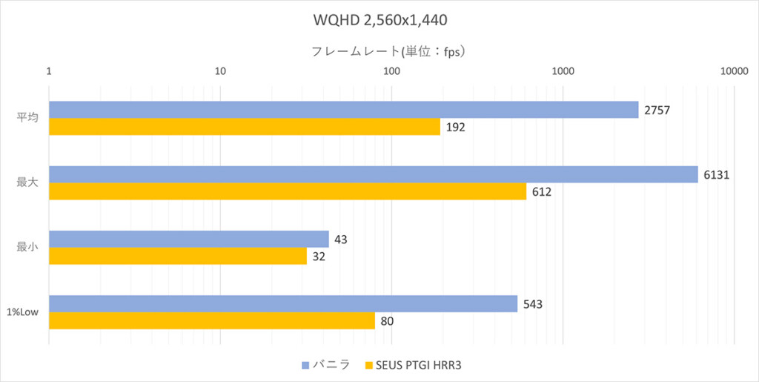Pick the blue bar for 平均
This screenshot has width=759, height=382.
tap(344, 110)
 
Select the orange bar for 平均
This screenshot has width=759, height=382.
tap(245, 126)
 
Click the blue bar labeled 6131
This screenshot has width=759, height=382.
tap(374, 175)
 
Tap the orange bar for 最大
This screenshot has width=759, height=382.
tap(288, 191)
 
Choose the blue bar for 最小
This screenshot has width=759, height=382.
tap(189, 239)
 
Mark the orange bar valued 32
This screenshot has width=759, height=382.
tap(178, 256)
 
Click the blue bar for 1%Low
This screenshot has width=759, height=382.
tap(283, 303)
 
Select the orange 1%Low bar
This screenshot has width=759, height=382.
tap(212, 320)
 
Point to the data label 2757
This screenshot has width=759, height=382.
tap(657, 110)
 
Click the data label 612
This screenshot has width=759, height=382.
tap(542, 191)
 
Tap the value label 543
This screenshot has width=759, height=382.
tap(532, 304)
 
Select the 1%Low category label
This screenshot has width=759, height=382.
tap(23, 312)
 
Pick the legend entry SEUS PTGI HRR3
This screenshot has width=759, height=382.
tap(413, 365)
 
